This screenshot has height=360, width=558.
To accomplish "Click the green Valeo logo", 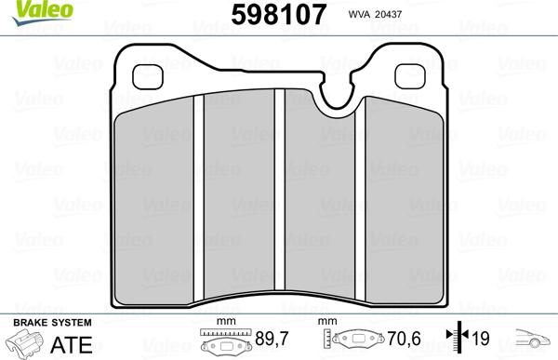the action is click(x=43, y=12).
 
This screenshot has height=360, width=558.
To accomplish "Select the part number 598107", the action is click(x=279, y=15).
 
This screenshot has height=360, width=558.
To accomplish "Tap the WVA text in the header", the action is click(x=359, y=14).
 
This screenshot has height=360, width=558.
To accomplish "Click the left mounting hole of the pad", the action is click(x=148, y=77).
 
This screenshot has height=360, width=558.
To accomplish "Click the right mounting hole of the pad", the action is click(x=410, y=76).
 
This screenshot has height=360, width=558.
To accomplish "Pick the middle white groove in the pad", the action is click(x=280, y=190).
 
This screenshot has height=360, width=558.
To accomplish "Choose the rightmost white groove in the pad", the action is click(x=360, y=198).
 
